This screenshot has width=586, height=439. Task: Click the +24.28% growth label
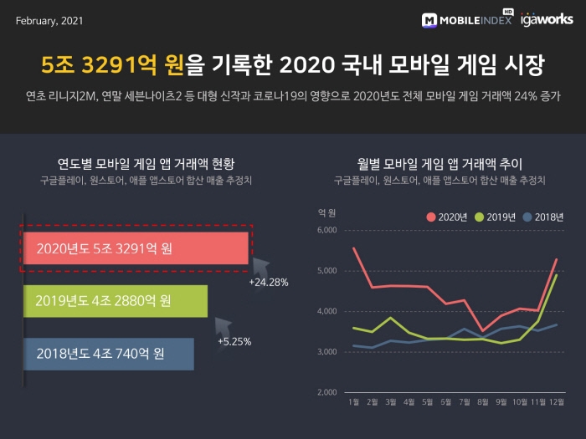269,283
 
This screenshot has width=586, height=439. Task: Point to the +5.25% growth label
234,341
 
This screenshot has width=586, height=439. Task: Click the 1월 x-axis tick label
354,402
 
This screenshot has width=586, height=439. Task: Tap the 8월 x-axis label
482,402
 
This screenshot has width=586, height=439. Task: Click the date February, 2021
49,19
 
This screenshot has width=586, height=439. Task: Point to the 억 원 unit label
327,212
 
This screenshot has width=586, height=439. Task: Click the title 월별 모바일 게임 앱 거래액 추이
439,163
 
